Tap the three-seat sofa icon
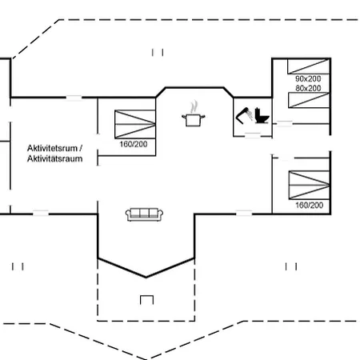(x=144, y=214)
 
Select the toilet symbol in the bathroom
(x=262, y=116)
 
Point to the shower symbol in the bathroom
(x=244, y=116)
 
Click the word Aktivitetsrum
(x=52, y=148)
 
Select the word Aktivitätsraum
(x=55, y=158)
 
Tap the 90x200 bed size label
(x=308, y=78)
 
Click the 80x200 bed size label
(x=308, y=88)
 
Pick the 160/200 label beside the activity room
(x=134, y=144)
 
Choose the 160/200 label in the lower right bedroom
(x=310, y=205)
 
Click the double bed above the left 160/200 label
(x=135, y=124)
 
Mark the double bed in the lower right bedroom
(x=310, y=185)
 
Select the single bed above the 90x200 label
(x=309, y=66)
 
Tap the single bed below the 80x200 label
(x=309, y=100)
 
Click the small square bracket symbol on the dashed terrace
(x=146, y=300)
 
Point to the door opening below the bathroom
(x=253, y=135)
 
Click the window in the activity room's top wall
(x=74, y=98)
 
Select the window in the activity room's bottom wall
(x=41, y=214)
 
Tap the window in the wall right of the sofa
(x=244, y=214)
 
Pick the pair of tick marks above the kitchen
(x=158, y=52)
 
